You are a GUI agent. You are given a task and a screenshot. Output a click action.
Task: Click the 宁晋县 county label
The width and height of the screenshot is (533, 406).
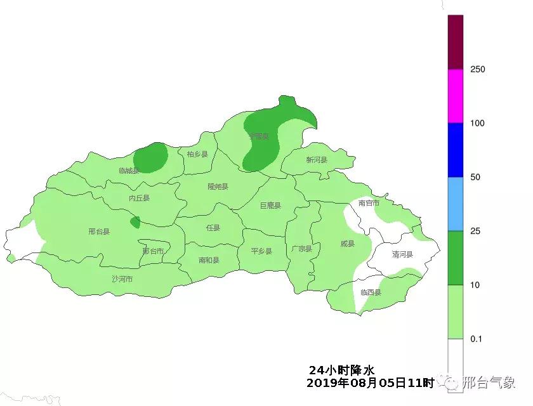[x=259, y=136]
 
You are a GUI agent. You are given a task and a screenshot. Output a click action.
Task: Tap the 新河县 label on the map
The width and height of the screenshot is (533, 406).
[x=316, y=160]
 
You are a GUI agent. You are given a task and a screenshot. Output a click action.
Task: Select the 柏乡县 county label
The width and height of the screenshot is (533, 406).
[x=197, y=154]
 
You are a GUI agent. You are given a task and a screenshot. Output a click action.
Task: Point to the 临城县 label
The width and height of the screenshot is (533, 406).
[x=129, y=171]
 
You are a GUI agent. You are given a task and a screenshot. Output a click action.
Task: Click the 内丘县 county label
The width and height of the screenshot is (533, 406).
[x=139, y=198]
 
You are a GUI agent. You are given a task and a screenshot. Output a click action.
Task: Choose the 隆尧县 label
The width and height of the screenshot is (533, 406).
[x=218, y=187]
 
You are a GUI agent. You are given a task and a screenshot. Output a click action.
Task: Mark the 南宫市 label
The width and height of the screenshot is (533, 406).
[x=369, y=203]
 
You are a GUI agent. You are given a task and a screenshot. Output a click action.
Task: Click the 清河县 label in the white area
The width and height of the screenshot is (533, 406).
[x=402, y=254]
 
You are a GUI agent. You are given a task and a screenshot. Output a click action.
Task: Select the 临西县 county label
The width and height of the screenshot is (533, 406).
[x=371, y=292]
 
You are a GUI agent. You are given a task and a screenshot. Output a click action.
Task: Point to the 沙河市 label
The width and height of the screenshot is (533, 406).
[x=122, y=278]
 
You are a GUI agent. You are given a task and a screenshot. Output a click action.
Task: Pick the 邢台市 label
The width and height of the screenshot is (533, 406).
[x=153, y=251]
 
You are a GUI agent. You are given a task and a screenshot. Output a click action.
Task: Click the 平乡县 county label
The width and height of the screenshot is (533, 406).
[x=261, y=251]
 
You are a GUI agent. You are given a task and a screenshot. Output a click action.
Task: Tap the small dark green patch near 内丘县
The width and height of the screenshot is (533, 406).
[x=135, y=222]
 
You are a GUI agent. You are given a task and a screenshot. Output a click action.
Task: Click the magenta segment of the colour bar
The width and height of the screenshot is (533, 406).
[x=456, y=95]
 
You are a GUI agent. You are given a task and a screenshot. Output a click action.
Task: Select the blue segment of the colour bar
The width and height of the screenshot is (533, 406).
[x=456, y=150]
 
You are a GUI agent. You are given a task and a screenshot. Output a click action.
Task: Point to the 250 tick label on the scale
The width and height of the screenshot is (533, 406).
[x=477, y=69]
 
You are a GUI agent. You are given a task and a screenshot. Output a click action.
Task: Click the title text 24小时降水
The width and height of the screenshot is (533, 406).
[x=342, y=370]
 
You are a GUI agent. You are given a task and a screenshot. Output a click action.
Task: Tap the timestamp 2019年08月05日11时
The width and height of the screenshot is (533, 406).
[x=370, y=383]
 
